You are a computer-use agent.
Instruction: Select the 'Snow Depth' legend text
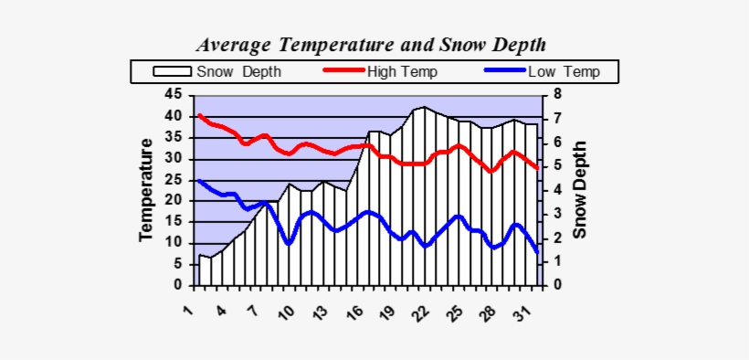tap(238, 71)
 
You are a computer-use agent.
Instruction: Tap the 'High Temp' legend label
tap(402, 71)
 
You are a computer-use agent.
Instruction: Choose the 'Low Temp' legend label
tap(564, 71)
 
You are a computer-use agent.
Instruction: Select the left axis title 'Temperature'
tap(146, 190)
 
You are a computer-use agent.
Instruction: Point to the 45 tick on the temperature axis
tap(174, 95)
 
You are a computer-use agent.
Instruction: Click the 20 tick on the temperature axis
tap(174, 201)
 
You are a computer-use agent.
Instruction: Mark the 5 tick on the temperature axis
tap(177, 264)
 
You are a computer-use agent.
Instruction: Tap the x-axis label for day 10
tap(287, 312)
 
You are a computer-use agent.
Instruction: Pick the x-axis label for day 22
tap(421, 312)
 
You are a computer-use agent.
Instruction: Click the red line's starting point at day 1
tap(200, 115)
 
